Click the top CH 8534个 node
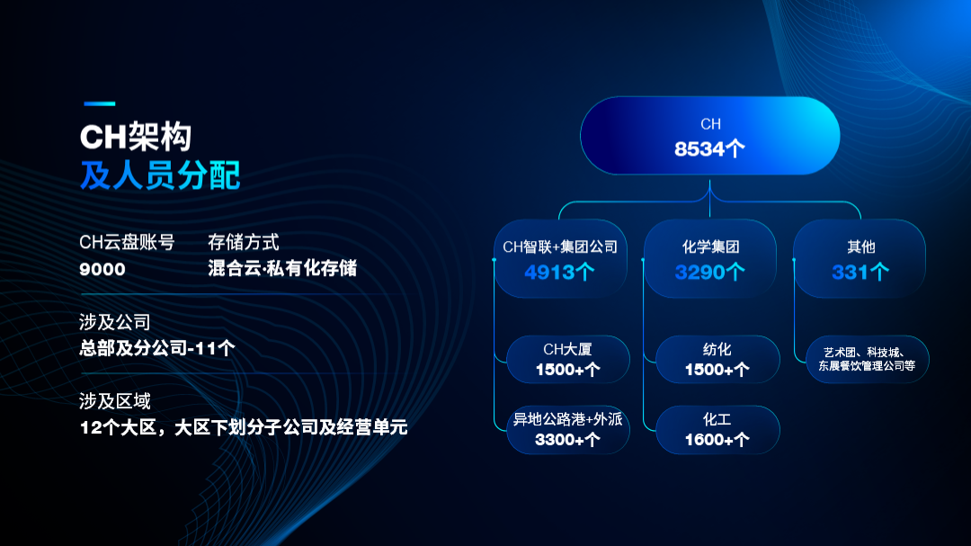click(x=709, y=136)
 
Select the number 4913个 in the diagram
click(x=559, y=272)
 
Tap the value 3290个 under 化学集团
click(x=709, y=272)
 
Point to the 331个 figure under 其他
click(x=860, y=272)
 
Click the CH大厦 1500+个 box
click(x=568, y=360)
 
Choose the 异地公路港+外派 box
click(x=568, y=429)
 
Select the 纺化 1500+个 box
click(x=717, y=360)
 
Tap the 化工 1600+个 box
click(x=717, y=429)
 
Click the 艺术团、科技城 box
click(x=867, y=360)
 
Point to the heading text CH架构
click(x=136, y=137)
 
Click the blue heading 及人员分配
click(x=160, y=175)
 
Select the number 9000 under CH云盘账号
click(x=102, y=270)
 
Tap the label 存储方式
click(x=244, y=242)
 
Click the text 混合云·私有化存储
click(x=282, y=268)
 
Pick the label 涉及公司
click(x=115, y=322)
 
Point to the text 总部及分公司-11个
click(x=157, y=348)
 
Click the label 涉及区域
click(x=115, y=401)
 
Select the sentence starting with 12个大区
click(x=244, y=427)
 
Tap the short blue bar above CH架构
click(x=99, y=103)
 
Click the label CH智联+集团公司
click(x=560, y=247)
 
